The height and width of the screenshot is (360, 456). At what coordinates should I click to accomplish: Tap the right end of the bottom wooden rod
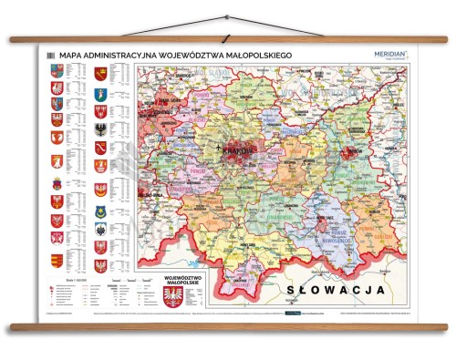point(445,324)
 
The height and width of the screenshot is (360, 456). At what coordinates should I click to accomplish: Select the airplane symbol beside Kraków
point(219,147)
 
